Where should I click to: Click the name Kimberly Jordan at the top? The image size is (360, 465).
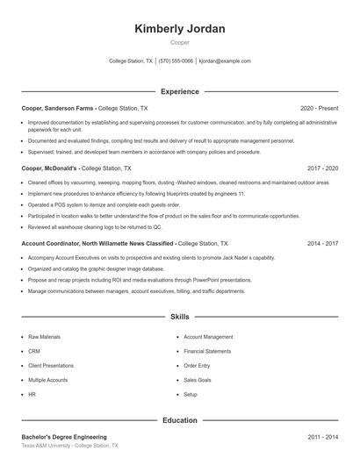click(x=179, y=29)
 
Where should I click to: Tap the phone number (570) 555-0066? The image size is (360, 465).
click(x=176, y=61)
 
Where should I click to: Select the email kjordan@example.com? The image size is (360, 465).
click(x=225, y=61)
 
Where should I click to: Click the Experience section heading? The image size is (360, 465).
click(x=179, y=91)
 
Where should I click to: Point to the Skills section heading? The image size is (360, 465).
click(x=179, y=316)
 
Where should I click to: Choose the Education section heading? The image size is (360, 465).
click(x=179, y=420)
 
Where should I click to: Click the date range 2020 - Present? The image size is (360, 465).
click(x=319, y=108)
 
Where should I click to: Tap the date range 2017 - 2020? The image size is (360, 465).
click(x=322, y=168)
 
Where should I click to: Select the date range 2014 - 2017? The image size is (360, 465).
click(x=322, y=243)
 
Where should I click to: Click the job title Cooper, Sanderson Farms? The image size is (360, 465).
click(x=57, y=108)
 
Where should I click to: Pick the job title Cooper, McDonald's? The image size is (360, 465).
click(x=49, y=168)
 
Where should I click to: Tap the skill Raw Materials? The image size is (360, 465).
click(x=45, y=337)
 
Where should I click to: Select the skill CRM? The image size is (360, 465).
click(x=34, y=351)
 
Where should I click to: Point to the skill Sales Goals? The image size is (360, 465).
click(x=198, y=380)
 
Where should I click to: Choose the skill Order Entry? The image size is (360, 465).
click(x=197, y=366)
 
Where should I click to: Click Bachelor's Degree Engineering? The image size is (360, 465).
click(x=64, y=437)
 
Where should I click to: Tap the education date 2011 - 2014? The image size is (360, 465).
click(x=322, y=437)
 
